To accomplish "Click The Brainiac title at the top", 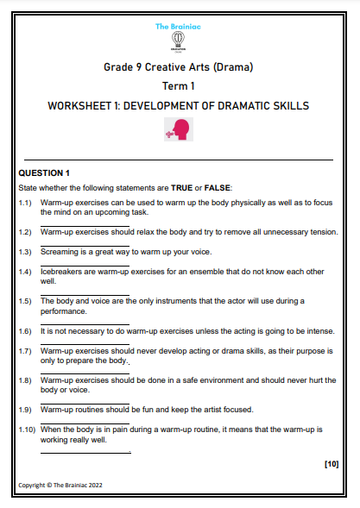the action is pyautogui.click(x=180, y=27).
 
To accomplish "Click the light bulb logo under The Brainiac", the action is pyautogui.click(x=180, y=41).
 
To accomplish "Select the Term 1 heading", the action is pyautogui.click(x=179, y=86).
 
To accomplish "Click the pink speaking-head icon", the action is pyautogui.click(x=179, y=129).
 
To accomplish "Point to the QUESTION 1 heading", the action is pyautogui.click(x=44, y=173).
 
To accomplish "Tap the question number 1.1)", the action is pyautogui.click(x=26, y=202).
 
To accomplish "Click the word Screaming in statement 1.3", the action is pyautogui.click(x=60, y=252).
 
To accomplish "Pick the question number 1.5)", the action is pyautogui.click(x=26, y=300).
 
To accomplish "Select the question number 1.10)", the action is pyautogui.click(x=28, y=429).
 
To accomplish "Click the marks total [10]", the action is pyautogui.click(x=331, y=464).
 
